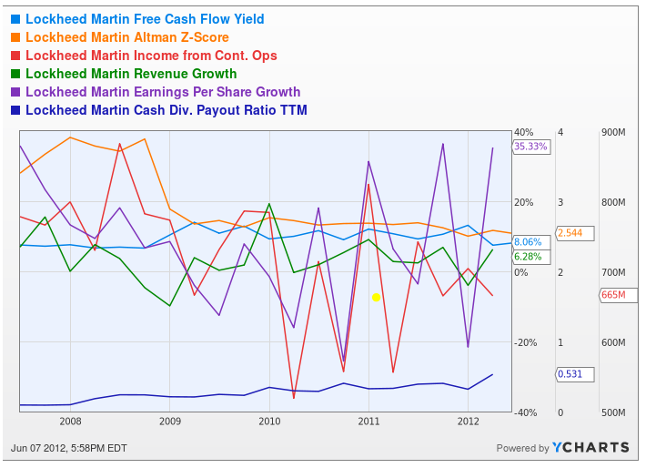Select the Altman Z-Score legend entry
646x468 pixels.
coord(127,37)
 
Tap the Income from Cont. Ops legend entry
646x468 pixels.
coord(151,56)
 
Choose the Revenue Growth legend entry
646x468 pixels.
coord(131,74)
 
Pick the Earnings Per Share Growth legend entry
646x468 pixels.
coord(163,92)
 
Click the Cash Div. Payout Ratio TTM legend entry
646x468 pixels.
coord(167,110)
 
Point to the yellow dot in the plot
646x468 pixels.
coord(376,297)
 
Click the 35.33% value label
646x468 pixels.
coord(530,146)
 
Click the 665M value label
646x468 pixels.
coord(613,295)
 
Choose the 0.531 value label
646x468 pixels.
coord(573,374)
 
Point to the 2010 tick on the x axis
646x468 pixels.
coord(269,422)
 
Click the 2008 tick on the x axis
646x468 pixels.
coord(70,422)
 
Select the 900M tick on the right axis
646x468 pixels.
coord(613,133)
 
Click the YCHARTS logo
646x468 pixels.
coord(590,447)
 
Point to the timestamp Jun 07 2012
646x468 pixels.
coord(68,447)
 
